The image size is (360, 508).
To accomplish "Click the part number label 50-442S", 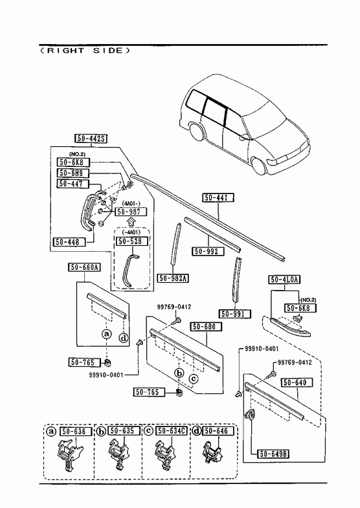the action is (91, 138).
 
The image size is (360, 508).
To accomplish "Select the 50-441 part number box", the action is (218, 197).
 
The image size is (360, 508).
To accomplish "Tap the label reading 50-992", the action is (208, 251).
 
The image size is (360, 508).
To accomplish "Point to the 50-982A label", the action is (174, 278).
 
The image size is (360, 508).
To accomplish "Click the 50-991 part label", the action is (236, 314).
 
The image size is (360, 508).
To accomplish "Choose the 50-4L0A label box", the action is (285, 280).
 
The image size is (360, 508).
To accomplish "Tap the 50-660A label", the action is (84, 267).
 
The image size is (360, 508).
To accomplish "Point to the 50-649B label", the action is (273, 454).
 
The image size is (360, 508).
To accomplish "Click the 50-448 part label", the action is (69, 241).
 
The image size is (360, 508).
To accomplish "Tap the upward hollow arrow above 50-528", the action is (131, 222).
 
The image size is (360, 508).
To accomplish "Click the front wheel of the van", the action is (259, 165).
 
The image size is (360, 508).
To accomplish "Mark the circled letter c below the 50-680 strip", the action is (194, 378).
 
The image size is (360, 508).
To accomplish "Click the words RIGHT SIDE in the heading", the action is (85, 50).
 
